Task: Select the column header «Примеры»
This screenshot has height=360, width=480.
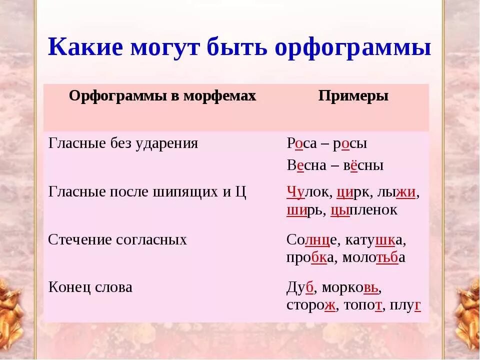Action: coord(353,96)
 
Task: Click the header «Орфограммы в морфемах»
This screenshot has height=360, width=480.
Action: coord(162,96)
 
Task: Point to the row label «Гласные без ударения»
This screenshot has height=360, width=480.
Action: coord(123,144)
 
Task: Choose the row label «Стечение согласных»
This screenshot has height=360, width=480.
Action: coord(117,239)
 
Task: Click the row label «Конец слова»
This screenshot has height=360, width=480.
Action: coord(90,287)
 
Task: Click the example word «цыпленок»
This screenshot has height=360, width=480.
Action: coord(364,210)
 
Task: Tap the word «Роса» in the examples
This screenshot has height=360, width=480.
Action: coord(302,144)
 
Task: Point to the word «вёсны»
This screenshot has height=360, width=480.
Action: coord(363,165)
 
